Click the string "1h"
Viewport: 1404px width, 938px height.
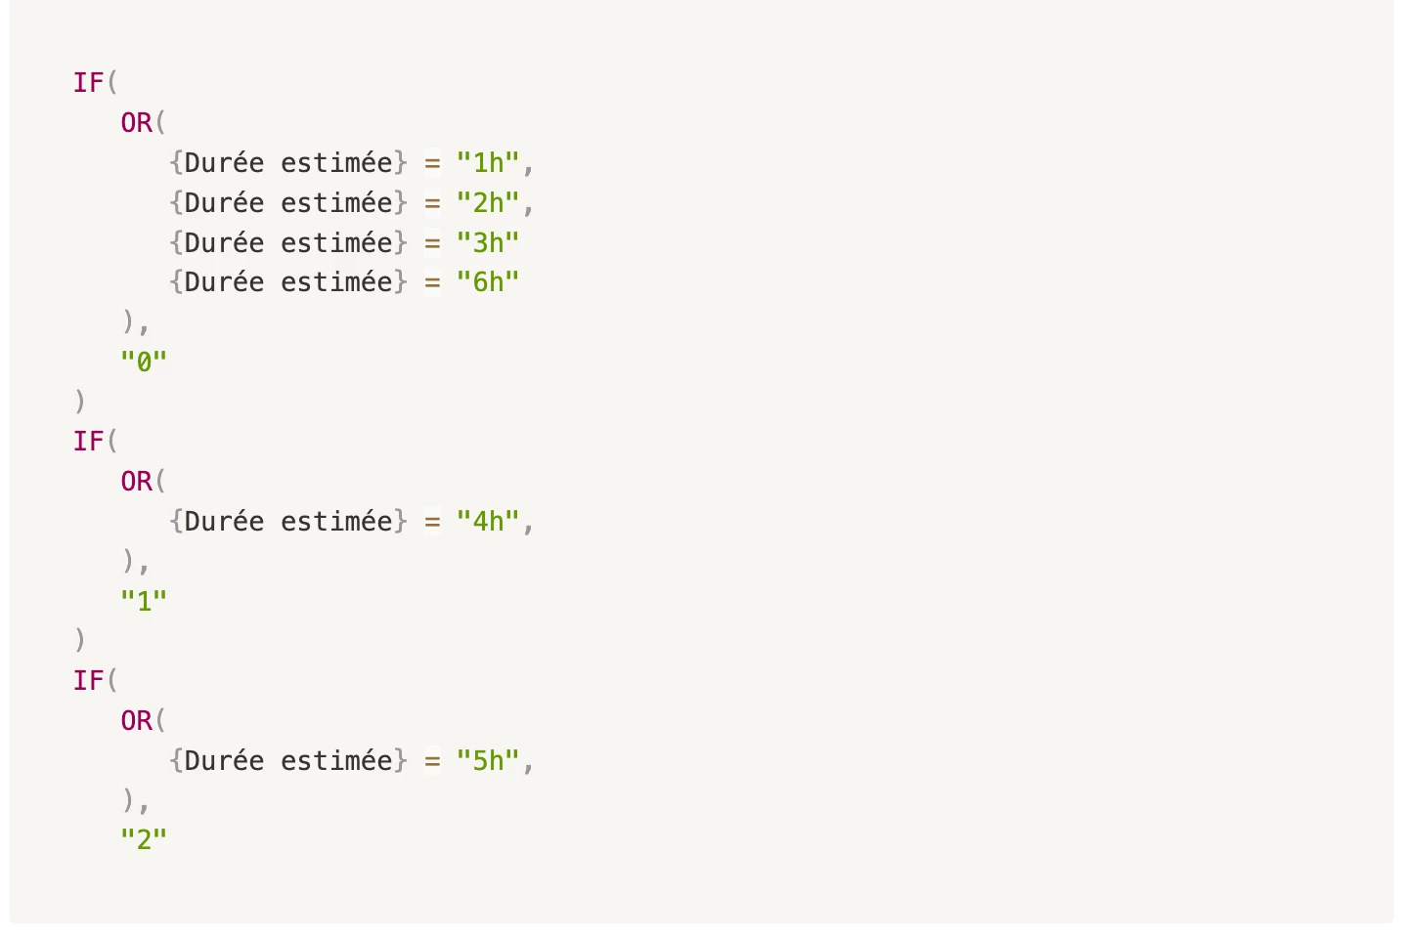pos(488,163)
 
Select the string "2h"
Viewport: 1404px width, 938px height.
pos(488,203)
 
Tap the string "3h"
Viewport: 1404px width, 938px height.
pos(488,243)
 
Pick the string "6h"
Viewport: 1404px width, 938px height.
pos(488,282)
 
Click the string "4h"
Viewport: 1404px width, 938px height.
pos(488,522)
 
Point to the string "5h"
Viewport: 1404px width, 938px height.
pos(488,761)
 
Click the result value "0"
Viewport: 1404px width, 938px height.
pos(144,362)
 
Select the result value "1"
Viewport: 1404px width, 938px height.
pos(144,602)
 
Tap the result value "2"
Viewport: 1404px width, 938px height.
pos(144,840)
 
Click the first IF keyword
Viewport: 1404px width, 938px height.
pos(88,83)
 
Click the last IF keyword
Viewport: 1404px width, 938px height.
pos(88,681)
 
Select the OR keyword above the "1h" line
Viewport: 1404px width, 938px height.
pos(137,123)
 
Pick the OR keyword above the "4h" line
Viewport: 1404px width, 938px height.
pos(137,482)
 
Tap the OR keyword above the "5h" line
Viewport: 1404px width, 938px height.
pos(137,721)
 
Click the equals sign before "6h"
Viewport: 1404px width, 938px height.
pos(432,283)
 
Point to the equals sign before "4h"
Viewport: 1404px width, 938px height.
pos(432,522)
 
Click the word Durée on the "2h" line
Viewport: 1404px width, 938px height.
pos(225,202)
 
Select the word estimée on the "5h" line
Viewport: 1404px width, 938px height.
pos(336,761)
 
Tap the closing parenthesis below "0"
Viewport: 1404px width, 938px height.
pos(79,402)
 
